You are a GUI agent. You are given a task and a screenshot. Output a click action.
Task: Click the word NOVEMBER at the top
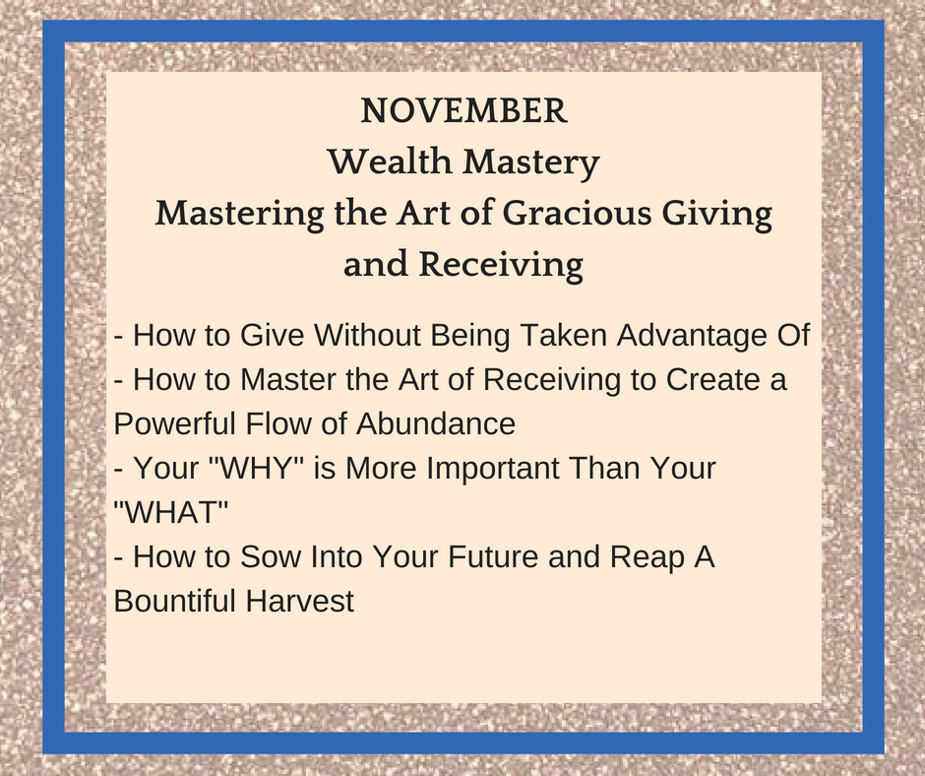point(463,111)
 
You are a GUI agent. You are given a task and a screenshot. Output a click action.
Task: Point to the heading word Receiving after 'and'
point(501,266)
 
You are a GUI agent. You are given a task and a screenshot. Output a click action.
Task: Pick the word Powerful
point(174,423)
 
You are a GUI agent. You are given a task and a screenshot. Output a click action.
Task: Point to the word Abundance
point(436,423)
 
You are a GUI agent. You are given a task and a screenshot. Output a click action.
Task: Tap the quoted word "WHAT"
point(170,512)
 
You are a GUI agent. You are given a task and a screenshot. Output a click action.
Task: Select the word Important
point(492,470)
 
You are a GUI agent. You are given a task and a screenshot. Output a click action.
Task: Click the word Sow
point(271,556)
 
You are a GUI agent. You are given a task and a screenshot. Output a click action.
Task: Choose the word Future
point(493,556)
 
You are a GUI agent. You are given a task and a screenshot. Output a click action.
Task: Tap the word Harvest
point(300,601)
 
